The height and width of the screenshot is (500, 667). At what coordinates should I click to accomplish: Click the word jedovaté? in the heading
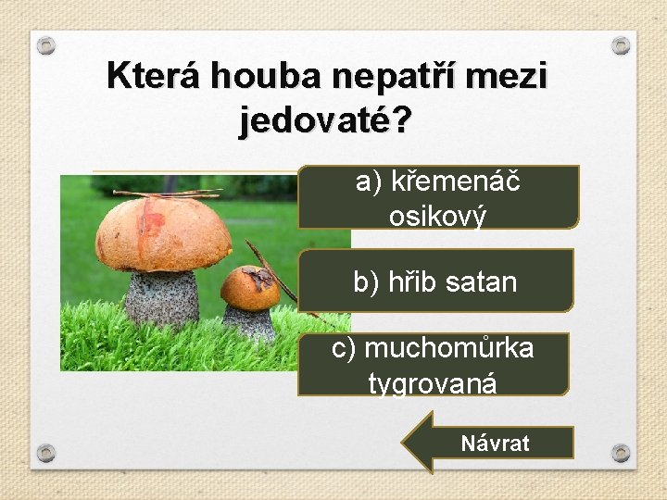coord(325,120)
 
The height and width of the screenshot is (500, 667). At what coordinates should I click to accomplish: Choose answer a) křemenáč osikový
coord(438,197)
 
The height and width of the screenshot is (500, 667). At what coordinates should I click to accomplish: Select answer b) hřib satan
coord(435,281)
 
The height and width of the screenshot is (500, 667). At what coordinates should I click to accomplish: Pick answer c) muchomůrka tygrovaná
coord(433,364)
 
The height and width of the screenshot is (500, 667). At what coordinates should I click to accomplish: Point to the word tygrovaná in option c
coord(433,382)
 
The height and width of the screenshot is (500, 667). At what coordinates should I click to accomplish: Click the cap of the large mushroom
coord(163,231)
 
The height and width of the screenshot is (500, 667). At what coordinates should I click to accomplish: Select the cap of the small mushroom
coord(249,286)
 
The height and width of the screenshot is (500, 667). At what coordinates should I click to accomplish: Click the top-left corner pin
coord(47,45)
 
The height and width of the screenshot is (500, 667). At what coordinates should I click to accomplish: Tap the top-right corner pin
coord(622,45)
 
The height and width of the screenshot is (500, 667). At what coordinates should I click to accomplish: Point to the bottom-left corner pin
coord(47,453)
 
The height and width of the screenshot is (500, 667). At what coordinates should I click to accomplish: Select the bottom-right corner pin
coord(622,453)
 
